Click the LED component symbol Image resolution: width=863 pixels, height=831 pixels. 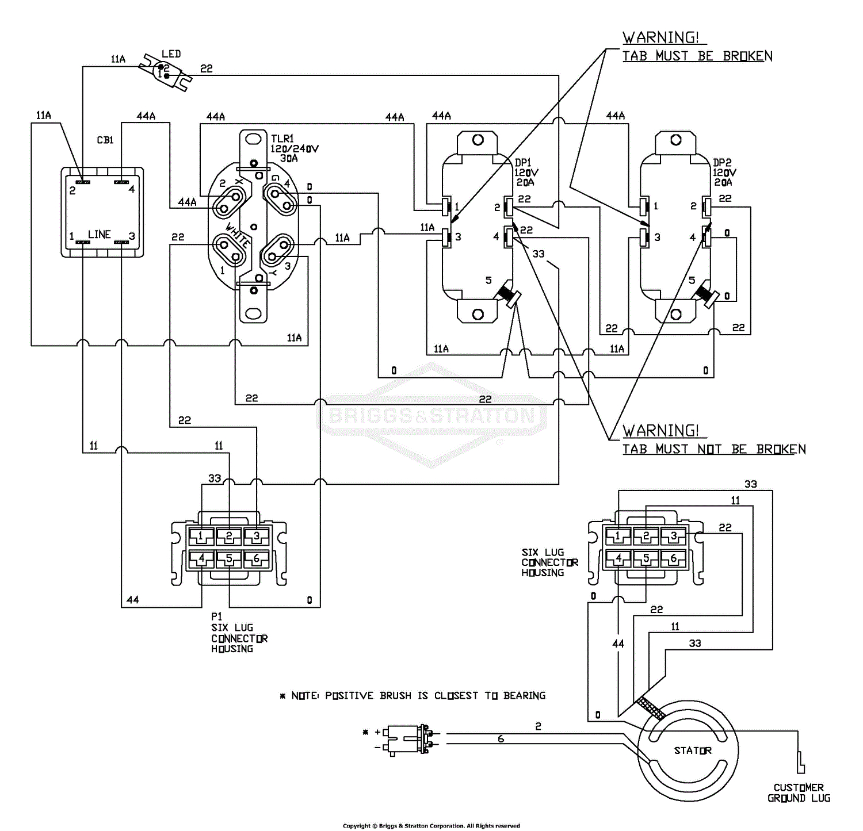167,72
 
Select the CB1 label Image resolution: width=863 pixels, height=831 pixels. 105,140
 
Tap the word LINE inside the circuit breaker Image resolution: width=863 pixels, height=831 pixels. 99,235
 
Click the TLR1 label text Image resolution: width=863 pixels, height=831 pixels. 282,139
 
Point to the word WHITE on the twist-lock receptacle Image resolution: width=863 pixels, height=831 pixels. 237,235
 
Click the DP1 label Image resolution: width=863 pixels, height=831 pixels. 522,163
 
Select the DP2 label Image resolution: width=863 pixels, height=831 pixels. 721,163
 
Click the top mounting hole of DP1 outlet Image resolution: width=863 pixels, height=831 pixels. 478,140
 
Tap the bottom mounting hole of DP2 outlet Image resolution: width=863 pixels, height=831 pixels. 676,314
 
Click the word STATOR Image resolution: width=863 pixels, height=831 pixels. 693,750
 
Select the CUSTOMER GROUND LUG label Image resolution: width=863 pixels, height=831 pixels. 799,792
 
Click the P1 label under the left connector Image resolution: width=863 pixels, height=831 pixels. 216,616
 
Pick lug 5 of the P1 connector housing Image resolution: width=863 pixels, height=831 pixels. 229,558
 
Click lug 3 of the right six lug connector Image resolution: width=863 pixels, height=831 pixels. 673,536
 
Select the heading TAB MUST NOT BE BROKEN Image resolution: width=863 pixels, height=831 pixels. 713,449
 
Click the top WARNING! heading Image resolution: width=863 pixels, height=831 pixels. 661,38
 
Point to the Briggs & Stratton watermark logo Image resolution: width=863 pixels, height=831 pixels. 431,415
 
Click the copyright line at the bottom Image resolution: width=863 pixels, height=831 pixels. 431,826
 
